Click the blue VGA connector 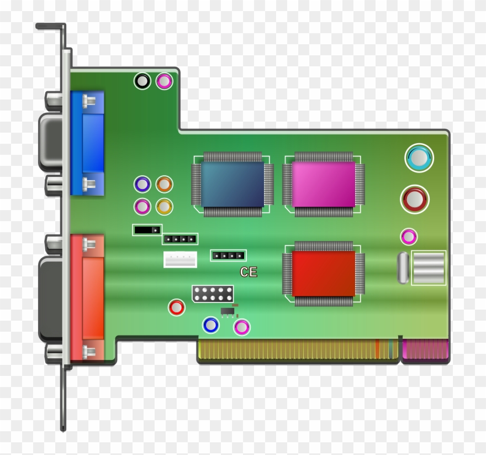[87, 143]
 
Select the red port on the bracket [87, 295]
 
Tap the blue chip [232, 184]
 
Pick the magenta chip [323, 184]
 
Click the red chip [323, 273]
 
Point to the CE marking [249, 272]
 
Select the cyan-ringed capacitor [419, 158]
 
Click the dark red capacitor [415, 199]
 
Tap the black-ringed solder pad [142, 81]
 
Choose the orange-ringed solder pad [164, 184]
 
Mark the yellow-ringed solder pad [164, 206]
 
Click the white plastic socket [180, 259]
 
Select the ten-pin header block [213, 294]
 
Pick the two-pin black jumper [147, 229]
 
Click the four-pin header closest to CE [228, 255]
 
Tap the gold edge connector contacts [287, 349]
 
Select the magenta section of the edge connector [425, 349]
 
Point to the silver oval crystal [402, 268]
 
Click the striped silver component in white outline [429, 268]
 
